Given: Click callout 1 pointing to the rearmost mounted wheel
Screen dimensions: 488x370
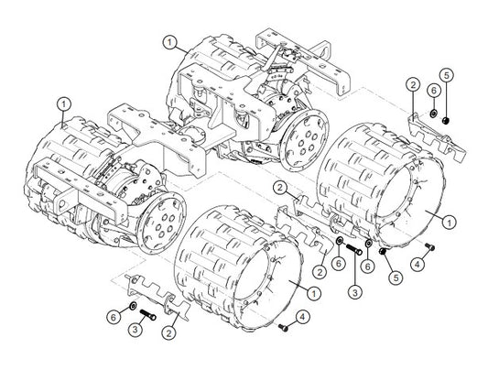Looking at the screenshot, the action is (x=170, y=43).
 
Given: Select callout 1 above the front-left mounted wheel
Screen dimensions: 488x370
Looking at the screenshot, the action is (x=64, y=104).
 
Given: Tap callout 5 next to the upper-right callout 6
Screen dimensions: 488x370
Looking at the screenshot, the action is (x=447, y=75).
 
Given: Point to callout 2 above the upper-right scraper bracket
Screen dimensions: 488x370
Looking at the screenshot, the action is (x=413, y=84).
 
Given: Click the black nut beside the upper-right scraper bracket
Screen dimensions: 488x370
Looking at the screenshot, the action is (x=446, y=120).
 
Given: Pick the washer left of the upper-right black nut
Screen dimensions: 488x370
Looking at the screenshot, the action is (x=432, y=114).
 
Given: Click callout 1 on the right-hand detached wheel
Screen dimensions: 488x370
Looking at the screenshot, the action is (x=450, y=223).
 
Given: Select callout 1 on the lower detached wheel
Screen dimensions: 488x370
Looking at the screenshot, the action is (x=314, y=293).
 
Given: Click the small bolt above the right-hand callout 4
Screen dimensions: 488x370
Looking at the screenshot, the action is (x=430, y=246).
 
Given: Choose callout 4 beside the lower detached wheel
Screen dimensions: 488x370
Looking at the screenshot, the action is (x=303, y=317).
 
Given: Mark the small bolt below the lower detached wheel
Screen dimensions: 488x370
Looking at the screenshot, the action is (x=283, y=327).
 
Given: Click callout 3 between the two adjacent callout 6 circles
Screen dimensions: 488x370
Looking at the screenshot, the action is (x=355, y=292).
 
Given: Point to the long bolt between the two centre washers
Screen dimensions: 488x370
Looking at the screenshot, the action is (x=354, y=249).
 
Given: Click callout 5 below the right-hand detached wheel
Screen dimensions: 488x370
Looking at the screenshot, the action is (x=396, y=277).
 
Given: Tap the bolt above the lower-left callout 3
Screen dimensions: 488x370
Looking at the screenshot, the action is (x=147, y=315).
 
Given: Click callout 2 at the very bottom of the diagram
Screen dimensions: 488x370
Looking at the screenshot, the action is (x=169, y=333).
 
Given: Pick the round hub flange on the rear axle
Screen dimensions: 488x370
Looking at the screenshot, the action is (x=304, y=140).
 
